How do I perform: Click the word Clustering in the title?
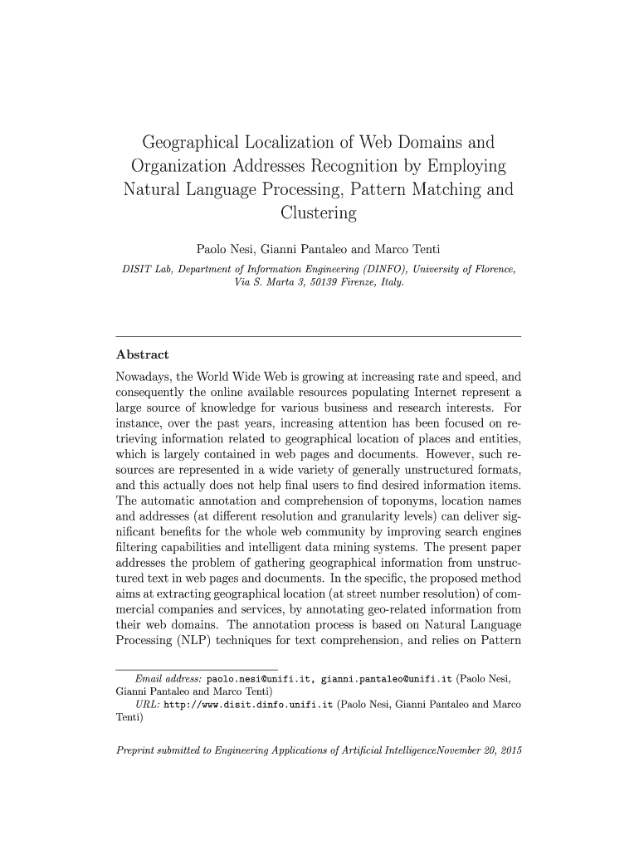(x=319, y=213)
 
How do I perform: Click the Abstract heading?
(x=142, y=354)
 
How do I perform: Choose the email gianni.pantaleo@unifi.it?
(x=386, y=678)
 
